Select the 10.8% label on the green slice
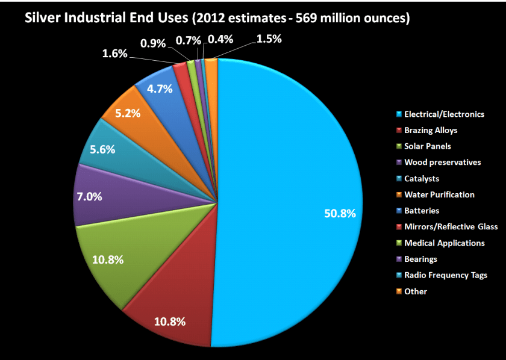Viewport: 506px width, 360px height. coord(109,259)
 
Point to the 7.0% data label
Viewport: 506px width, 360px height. coord(88,196)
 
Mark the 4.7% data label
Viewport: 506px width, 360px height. coord(160,88)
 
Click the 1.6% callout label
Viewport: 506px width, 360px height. coord(114,54)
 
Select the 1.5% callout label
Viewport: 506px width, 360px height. coord(268,39)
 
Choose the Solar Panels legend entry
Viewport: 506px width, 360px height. coord(428,146)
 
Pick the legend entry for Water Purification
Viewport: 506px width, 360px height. coord(439,194)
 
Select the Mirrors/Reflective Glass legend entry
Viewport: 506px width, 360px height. coord(451,227)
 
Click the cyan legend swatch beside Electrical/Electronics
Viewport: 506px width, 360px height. coord(398,114)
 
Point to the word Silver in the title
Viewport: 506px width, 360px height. coord(41,18)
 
